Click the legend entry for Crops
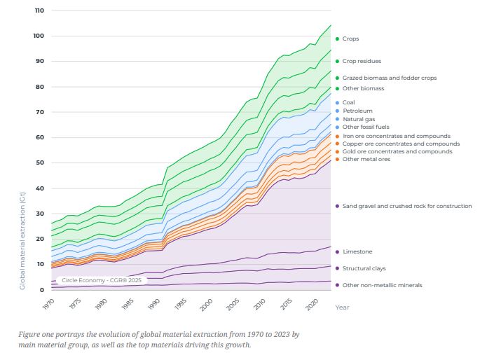pos(350,39)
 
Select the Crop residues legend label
pos(362,61)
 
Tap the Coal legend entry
pos(348,102)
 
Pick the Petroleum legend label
pos(357,111)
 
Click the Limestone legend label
pos(357,251)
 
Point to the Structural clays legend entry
pos(364,268)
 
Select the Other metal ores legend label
pos(366,159)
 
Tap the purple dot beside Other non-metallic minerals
pos(337,285)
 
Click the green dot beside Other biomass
pos(337,88)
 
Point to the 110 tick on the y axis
pos(39,11)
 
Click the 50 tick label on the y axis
pos(40,162)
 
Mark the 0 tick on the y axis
pos(42,289)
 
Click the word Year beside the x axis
pos(342,307)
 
